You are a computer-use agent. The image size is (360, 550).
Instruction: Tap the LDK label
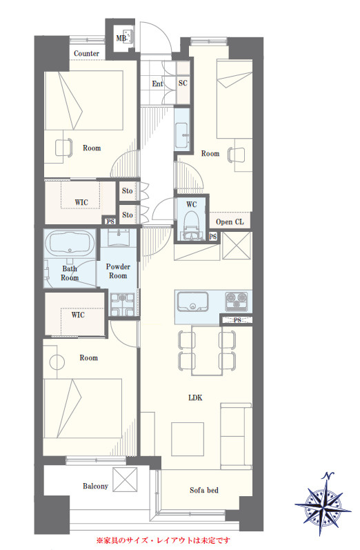(195, 397)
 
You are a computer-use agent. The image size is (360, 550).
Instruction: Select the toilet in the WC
(192, 225)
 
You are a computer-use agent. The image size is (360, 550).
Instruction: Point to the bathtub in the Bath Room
(70, 244)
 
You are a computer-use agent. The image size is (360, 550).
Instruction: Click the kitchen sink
(192, 302)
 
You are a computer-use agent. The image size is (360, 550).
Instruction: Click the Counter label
(86, 54)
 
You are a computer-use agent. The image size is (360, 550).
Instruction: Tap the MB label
(121, 38)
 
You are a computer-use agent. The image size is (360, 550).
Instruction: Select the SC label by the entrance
(183, 83)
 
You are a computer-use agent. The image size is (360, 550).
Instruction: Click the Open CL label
(230, 222)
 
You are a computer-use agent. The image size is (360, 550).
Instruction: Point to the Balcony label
(95, 486)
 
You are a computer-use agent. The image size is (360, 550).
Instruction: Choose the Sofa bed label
(204, 490)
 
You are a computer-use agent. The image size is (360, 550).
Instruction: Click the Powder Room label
(118, 271)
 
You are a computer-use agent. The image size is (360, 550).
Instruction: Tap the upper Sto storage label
(128, 191)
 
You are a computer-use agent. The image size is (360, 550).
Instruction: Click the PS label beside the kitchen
(237, 320)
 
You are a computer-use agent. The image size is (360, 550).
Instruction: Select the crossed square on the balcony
(125, 480)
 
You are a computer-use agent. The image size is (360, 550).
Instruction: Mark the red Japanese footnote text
(163, 540)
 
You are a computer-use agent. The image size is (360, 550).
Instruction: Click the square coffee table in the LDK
(188, 438)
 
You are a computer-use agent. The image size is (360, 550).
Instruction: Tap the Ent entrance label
(157, 84)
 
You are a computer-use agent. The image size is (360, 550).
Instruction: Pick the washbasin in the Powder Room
(118, 237)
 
